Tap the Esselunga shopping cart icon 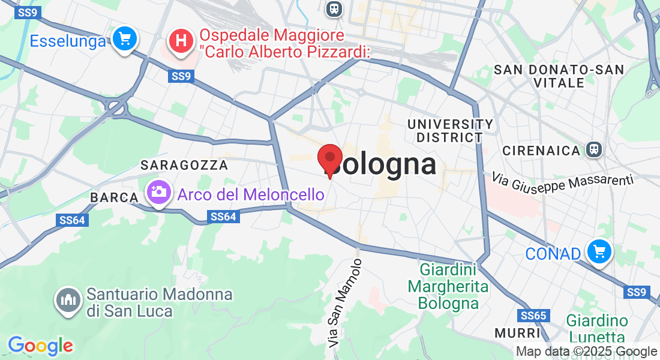(x=125, y=40)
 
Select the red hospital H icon (x=181, y=41)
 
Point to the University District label (x=451, y=131)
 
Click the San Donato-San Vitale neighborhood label (x=558, y=76)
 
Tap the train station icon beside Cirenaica (x=594, y=149)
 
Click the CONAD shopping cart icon (x=599, y=252)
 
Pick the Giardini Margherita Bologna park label (x=448, y=286)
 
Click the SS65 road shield (x=533, y=316)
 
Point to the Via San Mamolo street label (x=346, y=303)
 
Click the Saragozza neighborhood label (x=184, y=165)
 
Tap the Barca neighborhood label (x=110, y=197)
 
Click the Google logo (x=40, y=346)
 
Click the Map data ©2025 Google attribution (x=587, y=352)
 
